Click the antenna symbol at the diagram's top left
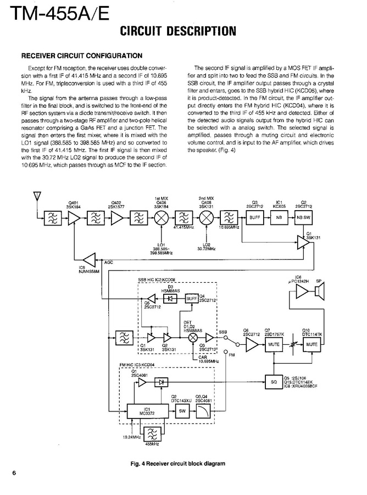(37, 196)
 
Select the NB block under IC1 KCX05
(279, 217)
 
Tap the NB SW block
(304, 217)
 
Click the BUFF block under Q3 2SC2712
(254, 217)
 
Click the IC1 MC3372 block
(148, 411)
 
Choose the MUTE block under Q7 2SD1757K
(273, 345)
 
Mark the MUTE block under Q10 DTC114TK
(313, 345)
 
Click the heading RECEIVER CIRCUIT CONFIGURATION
(82, 56)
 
